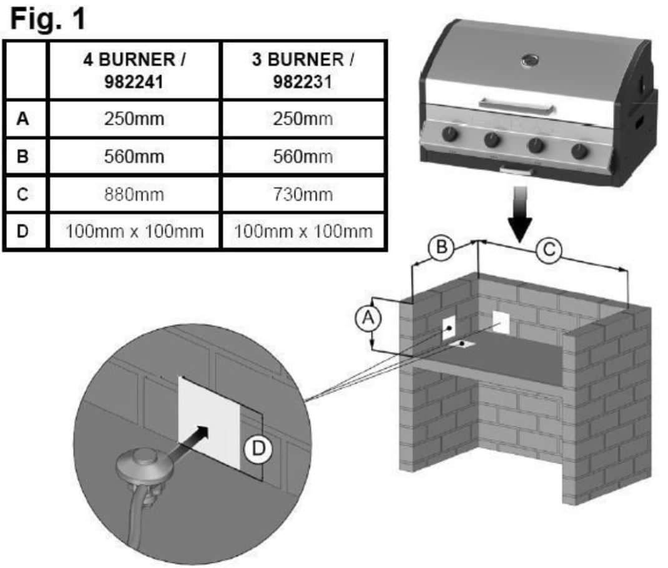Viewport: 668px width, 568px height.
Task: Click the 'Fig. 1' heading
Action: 47,19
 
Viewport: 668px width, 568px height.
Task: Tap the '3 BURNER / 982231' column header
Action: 303,71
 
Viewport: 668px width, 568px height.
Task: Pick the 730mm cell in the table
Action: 303,194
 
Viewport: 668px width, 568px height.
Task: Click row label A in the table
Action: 23,119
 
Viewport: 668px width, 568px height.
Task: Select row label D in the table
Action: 23,232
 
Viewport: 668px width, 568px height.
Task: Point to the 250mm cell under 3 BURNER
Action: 303,119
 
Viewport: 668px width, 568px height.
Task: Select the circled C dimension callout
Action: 549,250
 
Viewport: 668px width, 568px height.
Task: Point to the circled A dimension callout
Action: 368,318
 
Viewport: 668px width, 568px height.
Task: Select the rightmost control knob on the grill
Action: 580,150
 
